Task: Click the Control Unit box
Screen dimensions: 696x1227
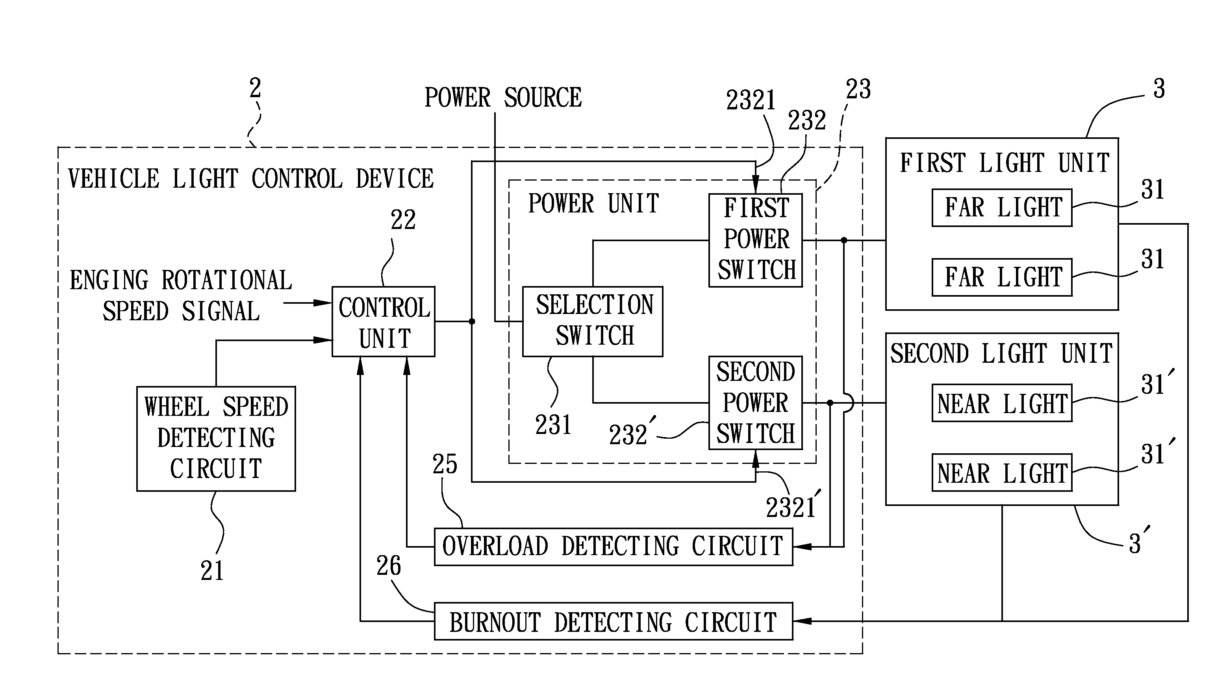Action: (383, 321)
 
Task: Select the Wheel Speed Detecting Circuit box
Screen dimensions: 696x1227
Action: (216, 438)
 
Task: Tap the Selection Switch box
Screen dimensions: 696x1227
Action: (592, 321)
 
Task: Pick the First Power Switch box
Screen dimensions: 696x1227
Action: (755, 240)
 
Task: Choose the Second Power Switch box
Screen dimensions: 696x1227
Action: (755, 402)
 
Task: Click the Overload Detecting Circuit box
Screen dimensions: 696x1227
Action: (613, 546)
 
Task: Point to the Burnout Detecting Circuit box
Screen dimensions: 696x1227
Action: (613, 621)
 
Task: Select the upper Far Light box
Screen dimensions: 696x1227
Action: (1002, 207)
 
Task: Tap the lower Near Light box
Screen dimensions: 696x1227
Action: (1002, 472)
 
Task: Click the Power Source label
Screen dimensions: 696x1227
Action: (503, 98)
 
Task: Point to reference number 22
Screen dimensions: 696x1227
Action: (403, 220)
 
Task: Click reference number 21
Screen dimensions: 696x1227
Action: (212, 570)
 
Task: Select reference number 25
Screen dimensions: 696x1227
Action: (445, 464)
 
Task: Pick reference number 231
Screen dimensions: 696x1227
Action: (553, 425)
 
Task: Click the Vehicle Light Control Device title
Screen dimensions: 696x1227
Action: (251, 179)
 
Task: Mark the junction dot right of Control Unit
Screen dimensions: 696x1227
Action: (472, 321)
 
